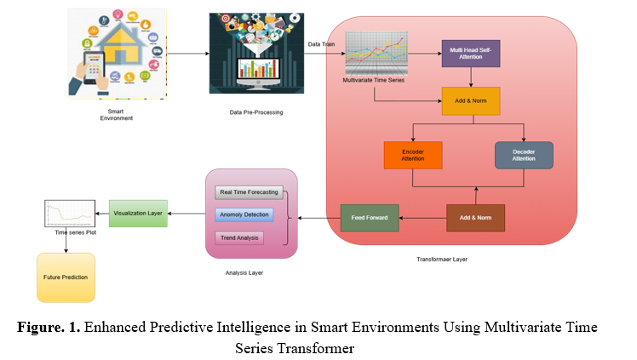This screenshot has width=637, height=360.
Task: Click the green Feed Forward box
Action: pyautogui.click(x=370, y=218)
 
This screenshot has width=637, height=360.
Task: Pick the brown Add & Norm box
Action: pyautogui.click(x=475, y=218)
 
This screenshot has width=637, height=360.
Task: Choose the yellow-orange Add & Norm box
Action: pyautogui.click(x=470, y=101)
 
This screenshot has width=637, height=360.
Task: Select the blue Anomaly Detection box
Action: pyautogui.click(x=244, y=214)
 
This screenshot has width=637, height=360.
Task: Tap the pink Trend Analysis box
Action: pyautogui.click(x=239, y=237)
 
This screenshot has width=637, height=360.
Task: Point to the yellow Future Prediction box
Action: pyautogui.click(x=66, y=277)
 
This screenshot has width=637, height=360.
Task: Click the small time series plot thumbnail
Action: pyautogui.click(x=67, y=214)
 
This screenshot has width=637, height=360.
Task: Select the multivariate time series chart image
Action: pyautogui.click(x=376, y=53)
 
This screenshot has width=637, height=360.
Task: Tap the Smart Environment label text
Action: pyautogui.click(x=116, y=115)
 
